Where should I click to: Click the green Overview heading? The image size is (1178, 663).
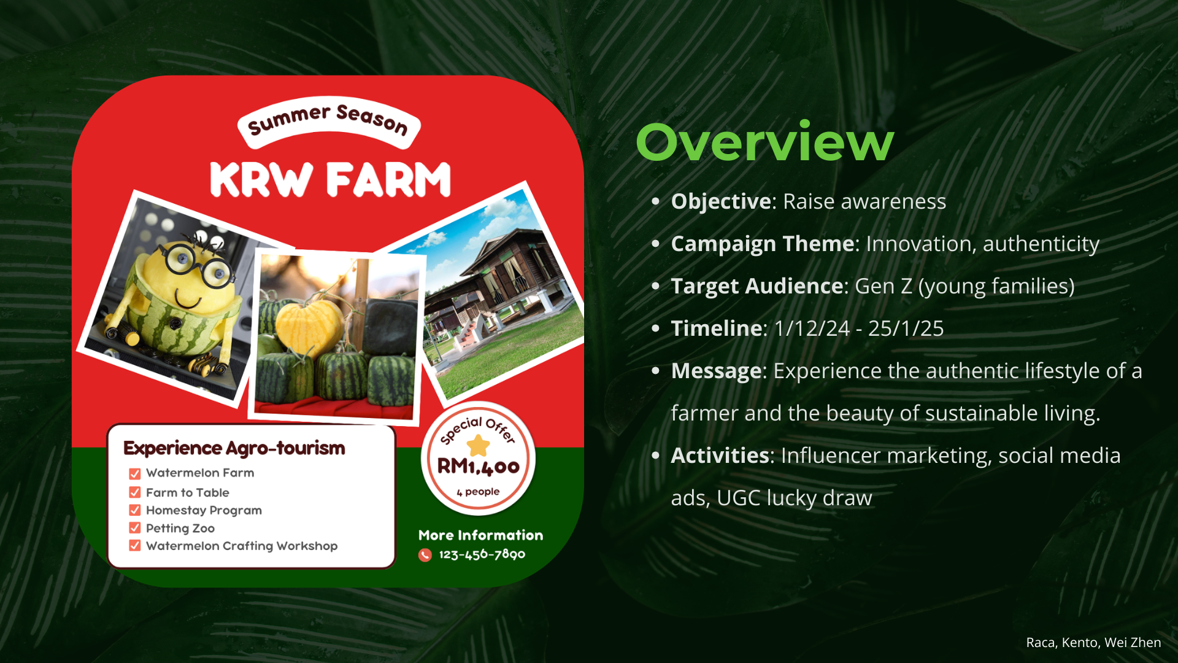pyautogui.click(x=764, y=142)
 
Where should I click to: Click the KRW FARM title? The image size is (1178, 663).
pyautogui.click(x=330, y=180)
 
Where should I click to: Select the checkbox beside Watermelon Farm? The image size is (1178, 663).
pyautogui.click(x=135, y=474)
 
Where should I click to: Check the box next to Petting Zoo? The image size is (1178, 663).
pyautogui.click(x=135, y=528)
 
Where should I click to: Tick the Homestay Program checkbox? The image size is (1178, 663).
pyautogui.click(x=135, y=510)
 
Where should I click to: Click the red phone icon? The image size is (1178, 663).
pyautogui.click(x=425, y=555)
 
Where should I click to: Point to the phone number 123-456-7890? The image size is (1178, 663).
pyautogui.click(x=482, y=554)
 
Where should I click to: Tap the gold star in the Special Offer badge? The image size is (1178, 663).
pyautogui.click(x=478, y=445)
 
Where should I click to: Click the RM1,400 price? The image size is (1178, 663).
pyautogui.click(x=478, y=467)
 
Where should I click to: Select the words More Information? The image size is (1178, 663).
pyautogui.click(x=481, y=535)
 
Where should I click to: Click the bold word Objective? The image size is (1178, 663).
pyautogui.click(x=721, y=201)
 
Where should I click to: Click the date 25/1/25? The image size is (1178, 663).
pyautogui.click(x=906, y=328)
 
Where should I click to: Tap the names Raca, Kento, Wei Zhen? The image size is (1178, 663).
pyautogui.click(x=1093, y=643)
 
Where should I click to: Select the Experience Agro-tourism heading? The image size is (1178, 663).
pyautogui.click(x=234, y=448)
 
